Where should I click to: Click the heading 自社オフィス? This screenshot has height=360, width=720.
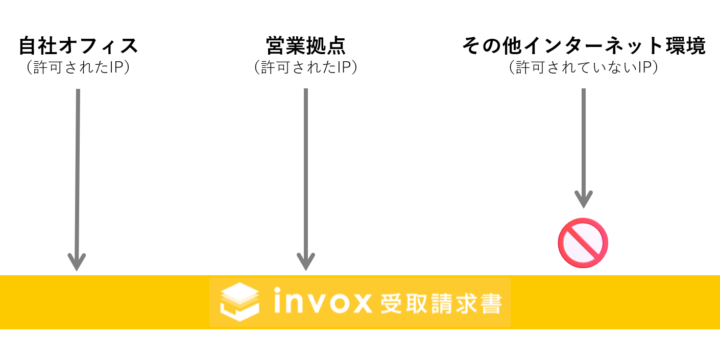point(78,46)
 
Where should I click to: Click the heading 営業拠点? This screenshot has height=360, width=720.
point(306,46)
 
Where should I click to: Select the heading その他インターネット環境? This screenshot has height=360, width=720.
point(582,46)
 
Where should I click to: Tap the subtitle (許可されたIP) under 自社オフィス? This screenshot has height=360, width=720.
point(78,68)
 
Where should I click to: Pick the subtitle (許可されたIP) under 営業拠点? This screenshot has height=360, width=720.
point(306,68)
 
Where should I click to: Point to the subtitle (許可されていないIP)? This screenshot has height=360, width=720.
point(582,68)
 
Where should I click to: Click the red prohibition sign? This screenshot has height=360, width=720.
point(583,241)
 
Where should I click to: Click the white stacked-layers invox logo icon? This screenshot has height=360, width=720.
point(239,301)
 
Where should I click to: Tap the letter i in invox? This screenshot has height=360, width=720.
point(279,301)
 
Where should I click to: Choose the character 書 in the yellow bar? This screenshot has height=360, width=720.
point(489,302)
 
